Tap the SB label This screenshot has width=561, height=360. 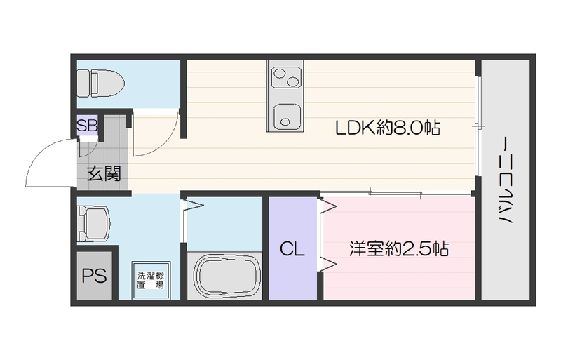87,126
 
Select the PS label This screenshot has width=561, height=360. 94,276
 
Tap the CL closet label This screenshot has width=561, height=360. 292,249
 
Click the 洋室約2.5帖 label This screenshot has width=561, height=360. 399,249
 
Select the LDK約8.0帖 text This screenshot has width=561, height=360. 387,128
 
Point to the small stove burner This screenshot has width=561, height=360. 292,82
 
